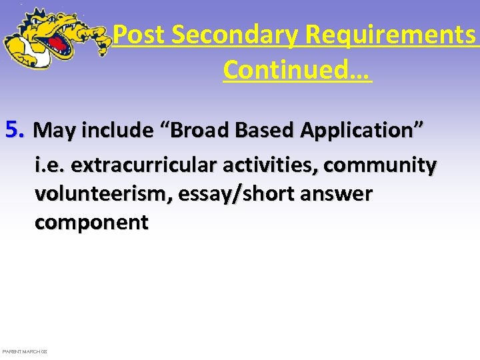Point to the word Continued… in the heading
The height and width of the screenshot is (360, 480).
tap(297, 69)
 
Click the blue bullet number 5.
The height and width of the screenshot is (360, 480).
tap(14, 129)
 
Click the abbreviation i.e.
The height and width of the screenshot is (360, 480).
tap(51, 164)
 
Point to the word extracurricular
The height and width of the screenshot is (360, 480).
tap(141, 164)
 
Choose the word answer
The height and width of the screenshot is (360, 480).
tap(337, 195)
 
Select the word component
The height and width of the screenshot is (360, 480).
tap(91, 223)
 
